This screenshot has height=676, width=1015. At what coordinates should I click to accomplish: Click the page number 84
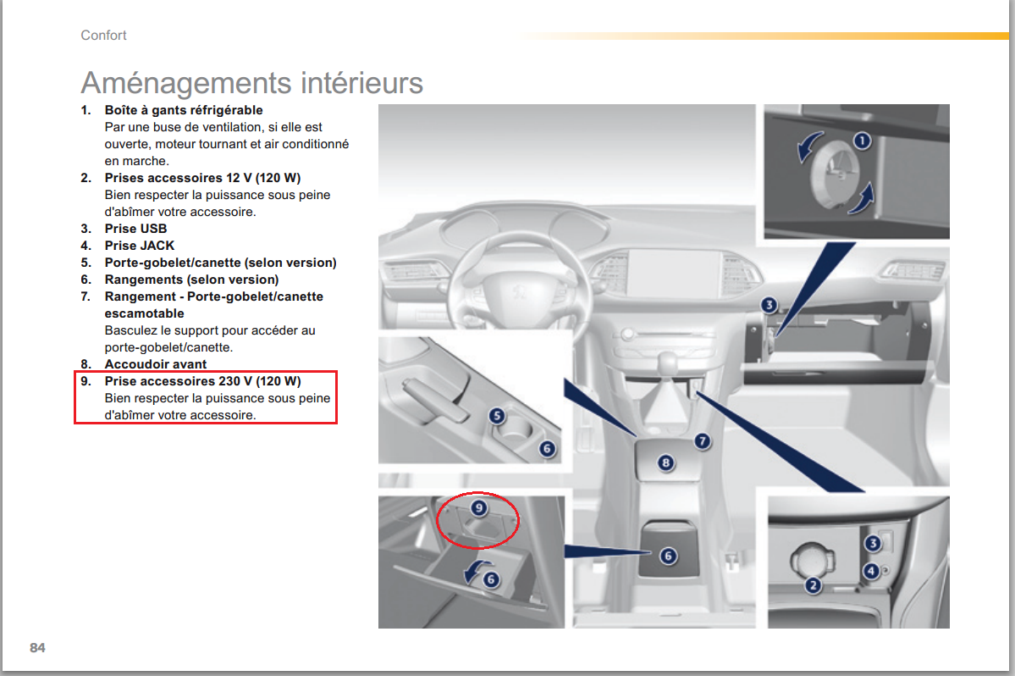[37, 647]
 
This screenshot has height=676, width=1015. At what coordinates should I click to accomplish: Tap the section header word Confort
[103, 35]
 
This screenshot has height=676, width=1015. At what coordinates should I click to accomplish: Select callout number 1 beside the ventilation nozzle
[862, 141]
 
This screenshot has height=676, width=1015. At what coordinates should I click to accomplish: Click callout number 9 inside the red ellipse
[479, 507]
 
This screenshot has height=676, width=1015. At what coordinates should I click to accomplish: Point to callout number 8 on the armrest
[665, 463]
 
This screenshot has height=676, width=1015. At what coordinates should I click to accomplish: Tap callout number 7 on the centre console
[703, 441]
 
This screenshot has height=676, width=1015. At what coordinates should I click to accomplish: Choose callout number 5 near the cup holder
[497, 416]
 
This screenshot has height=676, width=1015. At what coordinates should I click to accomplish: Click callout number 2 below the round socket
[813, 586]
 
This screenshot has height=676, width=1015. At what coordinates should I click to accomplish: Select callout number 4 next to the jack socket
[871, 570]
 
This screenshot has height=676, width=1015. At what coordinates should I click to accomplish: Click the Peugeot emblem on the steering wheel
[518, 292]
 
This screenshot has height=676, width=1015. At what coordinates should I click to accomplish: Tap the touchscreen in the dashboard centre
[674, 274]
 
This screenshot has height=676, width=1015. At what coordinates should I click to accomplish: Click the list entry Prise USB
[136, 229]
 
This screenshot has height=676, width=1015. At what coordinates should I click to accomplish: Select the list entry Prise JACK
[140, 246]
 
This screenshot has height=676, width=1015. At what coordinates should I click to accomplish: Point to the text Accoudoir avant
[156, 364]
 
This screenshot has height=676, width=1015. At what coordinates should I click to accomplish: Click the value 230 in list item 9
[229, 380]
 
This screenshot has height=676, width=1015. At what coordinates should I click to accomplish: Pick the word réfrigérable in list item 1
[227, 110]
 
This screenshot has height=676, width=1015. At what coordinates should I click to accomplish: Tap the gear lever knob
[666, 360]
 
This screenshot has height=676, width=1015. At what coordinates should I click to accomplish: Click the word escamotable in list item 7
[145, 313]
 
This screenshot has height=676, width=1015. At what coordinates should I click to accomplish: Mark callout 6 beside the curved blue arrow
[491, 579]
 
